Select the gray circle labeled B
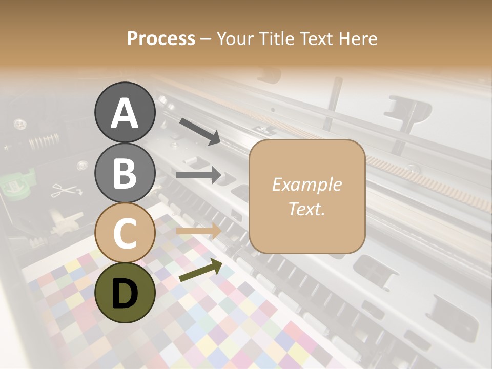point(125,173)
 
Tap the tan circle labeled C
point(125,233)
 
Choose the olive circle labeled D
point(125,293)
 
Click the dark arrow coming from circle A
point(200,131)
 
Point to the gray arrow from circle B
point(198,175)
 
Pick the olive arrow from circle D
point(200,272)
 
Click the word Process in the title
point(161,38)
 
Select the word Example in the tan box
point(306,184)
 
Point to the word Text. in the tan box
point(306,209)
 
